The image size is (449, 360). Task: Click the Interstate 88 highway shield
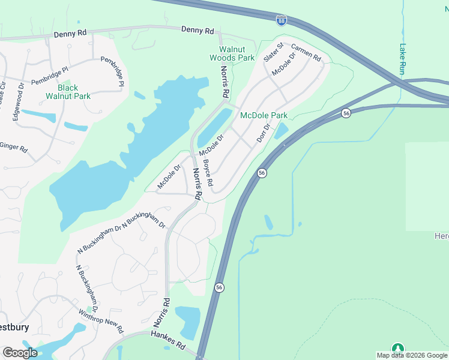282,20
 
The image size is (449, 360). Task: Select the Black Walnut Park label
68,91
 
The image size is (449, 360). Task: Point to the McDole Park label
264,115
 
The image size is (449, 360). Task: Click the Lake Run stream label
402,58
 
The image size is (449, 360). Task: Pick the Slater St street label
273,52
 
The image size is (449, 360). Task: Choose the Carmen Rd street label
306,52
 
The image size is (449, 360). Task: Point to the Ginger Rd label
13,146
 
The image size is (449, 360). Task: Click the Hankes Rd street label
168,340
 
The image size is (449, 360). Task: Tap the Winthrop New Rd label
101,321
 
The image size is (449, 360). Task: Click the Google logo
20,353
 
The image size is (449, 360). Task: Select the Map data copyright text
411,355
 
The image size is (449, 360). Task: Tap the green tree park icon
397,348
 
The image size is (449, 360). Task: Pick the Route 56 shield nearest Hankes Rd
220,287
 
